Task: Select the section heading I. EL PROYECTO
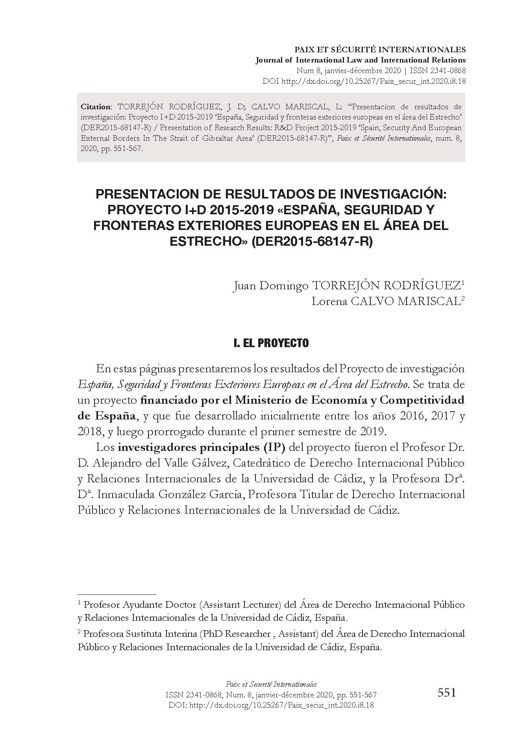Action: coord(271,343)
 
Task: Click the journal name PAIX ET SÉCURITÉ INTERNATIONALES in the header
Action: coord(380,50)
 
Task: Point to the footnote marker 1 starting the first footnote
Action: coord(80,603)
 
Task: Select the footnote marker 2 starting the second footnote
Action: coord(80,632)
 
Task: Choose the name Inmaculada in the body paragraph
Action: coord(130,494)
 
